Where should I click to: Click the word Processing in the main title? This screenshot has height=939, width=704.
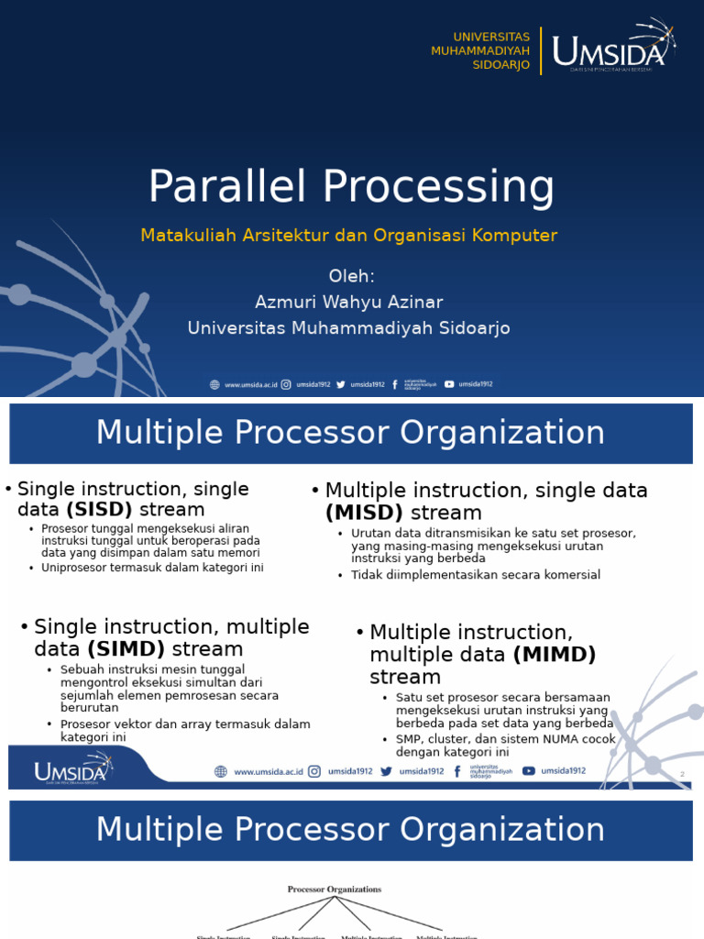(x=438, y=189)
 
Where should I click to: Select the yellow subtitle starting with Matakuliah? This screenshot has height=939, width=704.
(x=348, y=236)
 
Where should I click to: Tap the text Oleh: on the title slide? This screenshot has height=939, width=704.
(x=351, y=276)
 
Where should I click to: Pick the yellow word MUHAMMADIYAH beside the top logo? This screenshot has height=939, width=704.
(x=480, y=50)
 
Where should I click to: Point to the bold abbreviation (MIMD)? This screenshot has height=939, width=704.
(x=555, y=655)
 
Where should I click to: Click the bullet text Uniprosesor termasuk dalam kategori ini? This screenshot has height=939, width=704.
(x=152, y=568)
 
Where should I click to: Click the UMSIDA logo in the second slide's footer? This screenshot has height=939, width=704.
(x=71, y=768)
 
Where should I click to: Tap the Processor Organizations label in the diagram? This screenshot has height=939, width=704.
(x=335, y=889)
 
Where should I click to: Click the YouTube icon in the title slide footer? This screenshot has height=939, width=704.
(x=449, y=384)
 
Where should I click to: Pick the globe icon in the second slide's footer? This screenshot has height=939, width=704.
(x=220, y=772)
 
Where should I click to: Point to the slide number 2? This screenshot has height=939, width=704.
(x=682, y=775)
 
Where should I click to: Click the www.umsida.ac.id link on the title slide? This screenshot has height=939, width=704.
(x=251, y=385)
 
